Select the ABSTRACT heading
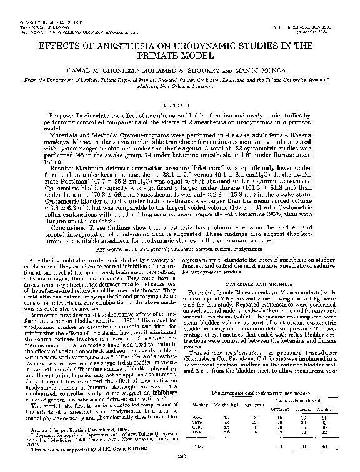pyautogui.click(x=180, y=107)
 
